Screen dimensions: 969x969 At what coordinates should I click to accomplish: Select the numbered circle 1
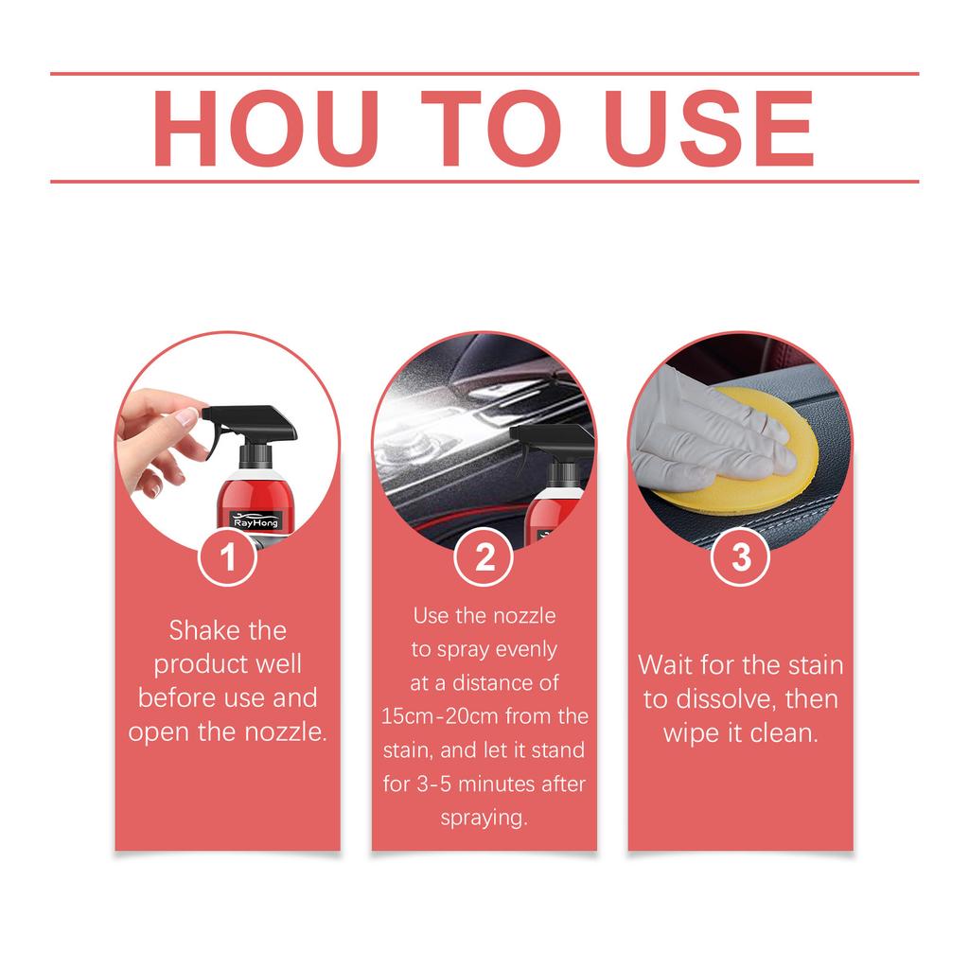(x=228, y=557)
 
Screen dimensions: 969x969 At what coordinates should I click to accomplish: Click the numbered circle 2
(x=484, y=557)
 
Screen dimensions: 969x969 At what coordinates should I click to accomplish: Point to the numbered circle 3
(x=741, y=557)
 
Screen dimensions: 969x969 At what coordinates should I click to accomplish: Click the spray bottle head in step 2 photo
(x=554, y=441)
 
